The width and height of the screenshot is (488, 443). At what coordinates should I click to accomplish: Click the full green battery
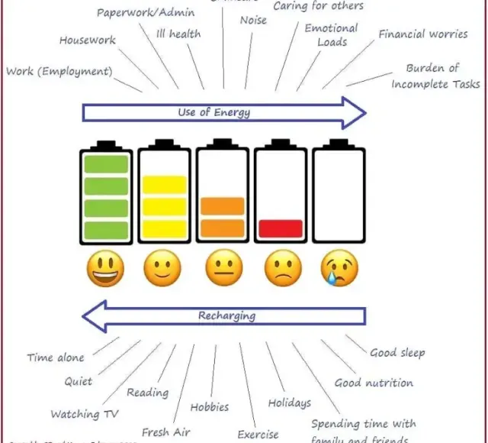click(x=105, y=194)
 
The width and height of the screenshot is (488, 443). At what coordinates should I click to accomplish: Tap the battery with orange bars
click(x=223, y=194)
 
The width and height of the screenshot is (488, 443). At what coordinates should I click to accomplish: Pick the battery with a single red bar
click(x=281, y=194)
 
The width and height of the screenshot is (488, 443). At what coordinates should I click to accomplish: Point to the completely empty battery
click(x=339, y=194)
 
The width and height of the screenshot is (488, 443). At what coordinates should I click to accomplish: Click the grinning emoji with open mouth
click(x=105, y=269)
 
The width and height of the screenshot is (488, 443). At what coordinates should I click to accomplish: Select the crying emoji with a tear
click(x=339, y=269)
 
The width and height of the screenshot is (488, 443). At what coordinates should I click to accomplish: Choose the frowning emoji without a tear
click(x=283, y=269)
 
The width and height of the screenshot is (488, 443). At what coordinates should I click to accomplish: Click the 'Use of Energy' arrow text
click(x=213, y=113)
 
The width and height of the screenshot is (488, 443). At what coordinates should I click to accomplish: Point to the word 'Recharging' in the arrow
click(x=226, y=315)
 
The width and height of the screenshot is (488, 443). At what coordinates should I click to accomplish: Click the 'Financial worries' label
click(x=423, y=34)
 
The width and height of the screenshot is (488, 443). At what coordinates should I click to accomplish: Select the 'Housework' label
click(x=88, y=40)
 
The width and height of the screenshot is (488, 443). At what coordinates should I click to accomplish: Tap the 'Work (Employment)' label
click(x=59, y=72)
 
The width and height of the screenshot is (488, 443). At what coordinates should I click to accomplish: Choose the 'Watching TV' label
click(x=85, y=414)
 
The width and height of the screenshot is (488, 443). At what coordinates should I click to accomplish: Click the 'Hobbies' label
click(x=210, y=407)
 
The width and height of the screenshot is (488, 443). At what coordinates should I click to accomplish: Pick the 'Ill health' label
click(x=178, y=34)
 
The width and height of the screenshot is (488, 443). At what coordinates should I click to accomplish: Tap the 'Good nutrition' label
click(x=374, y=383)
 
